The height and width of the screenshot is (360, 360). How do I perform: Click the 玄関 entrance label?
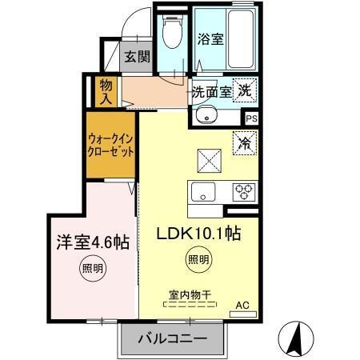[x=137, y=56]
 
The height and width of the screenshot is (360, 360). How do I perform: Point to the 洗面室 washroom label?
[x=210, y=91]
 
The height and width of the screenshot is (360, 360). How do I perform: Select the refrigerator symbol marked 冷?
[x=244, y=143]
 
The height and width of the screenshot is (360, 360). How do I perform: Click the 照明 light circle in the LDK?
[x=199, y=258]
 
